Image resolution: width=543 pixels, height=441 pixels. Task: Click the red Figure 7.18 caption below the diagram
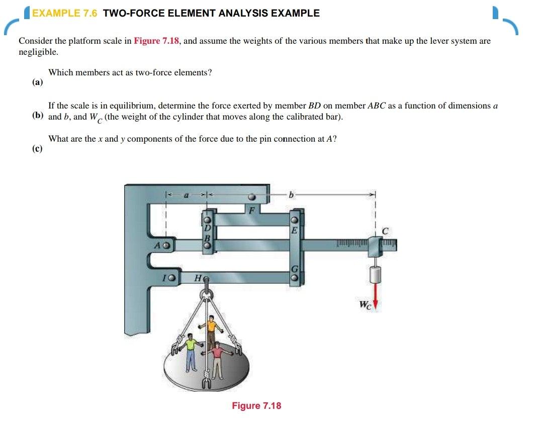tap(256, 406)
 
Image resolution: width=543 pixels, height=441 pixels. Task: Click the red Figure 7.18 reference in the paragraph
tap(156, 41)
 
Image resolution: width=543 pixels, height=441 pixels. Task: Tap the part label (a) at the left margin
tap(38, 82)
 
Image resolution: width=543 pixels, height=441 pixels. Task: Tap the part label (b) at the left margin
tap(38, 116)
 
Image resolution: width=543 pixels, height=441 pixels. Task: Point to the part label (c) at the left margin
tap(38, 148)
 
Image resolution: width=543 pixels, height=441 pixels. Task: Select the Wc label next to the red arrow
tap(365, 304)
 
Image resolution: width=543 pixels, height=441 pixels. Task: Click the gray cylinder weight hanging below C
tap(375, 276)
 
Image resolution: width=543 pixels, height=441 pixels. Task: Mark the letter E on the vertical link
tap(295, 231)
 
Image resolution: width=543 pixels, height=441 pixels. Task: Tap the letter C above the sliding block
tap(385, 231)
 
